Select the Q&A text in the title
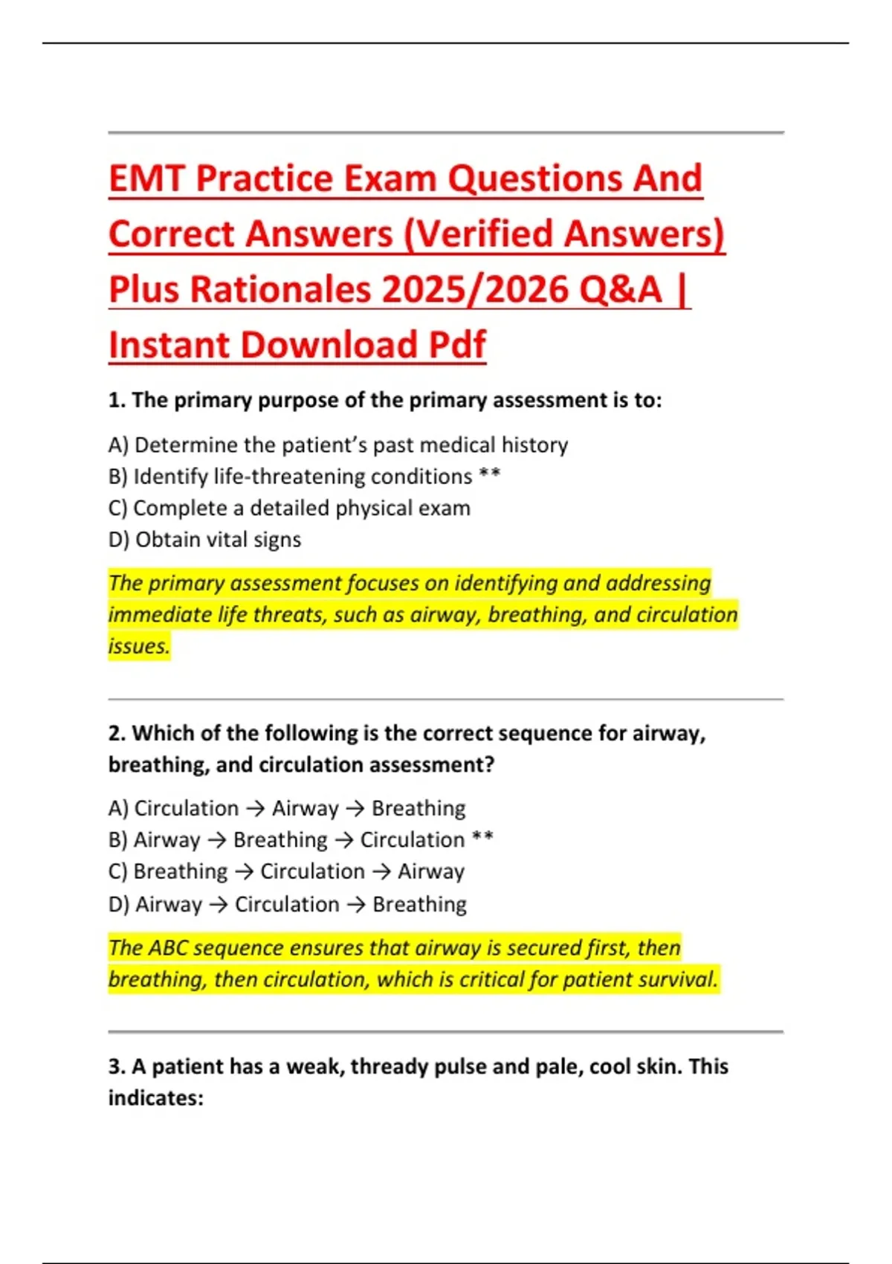pos(619,290)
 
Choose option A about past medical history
pos(338,445)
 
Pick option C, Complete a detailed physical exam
pos(289,508)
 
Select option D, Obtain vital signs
pos(204,540)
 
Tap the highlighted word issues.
pos(139,646)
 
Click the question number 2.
pos(116,734)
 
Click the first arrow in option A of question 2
pos(255,808)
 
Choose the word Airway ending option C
pos(431,871)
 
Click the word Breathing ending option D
pos(419,904)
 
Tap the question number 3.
pos(116,1067)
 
